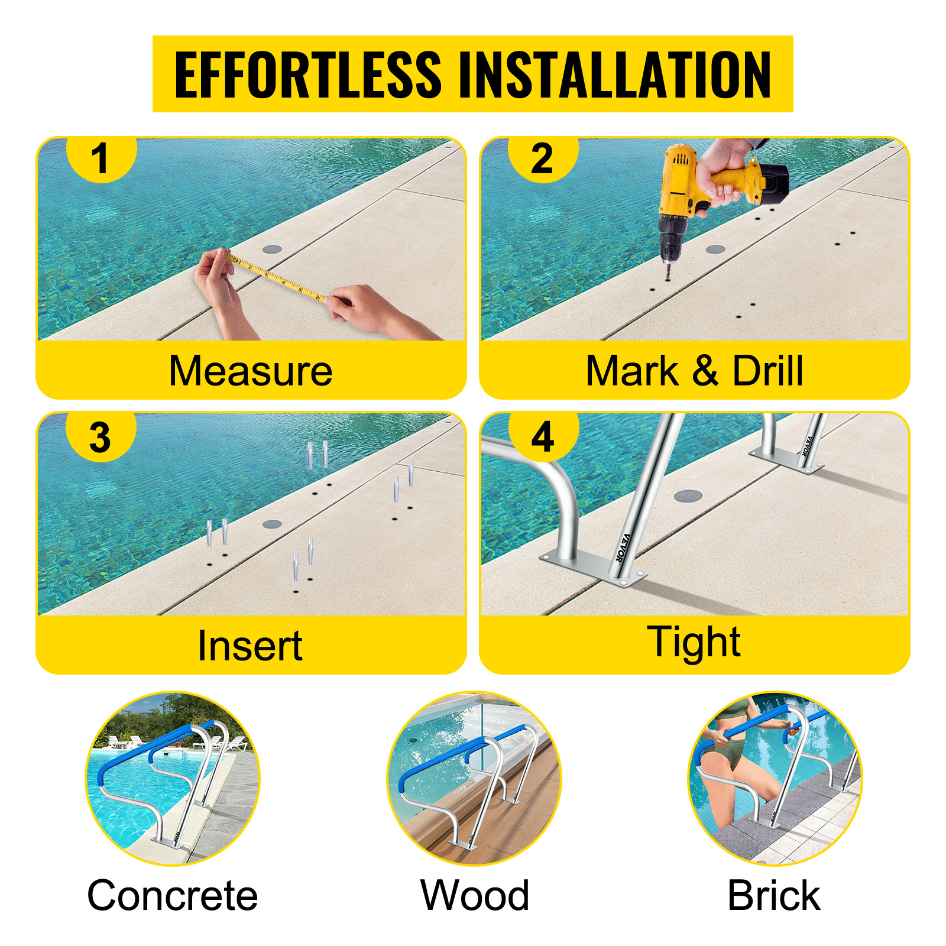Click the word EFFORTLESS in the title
click(x=307, y=74)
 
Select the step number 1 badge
click(x=101, y=158)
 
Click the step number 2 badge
click(x=542, y=158)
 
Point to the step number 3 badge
click(x=101, y=438)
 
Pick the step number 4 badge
click(x=542, y=438)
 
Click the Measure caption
click(x=251, y=371)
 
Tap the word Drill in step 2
click(x=767, y=371)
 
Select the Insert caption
click(x=250, y=645)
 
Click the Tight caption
click(x=694, y=642)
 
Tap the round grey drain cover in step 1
click(x=272, y=249)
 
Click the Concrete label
click(x=173, y=895)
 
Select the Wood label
click(x=475, y=895)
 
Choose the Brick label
click(x=774, y=895)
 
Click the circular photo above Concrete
click(x=173, y=779)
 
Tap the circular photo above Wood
click(x=474, y=779)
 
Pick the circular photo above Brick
click(x=775, y=779)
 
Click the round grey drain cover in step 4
click(x=688, y=495)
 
